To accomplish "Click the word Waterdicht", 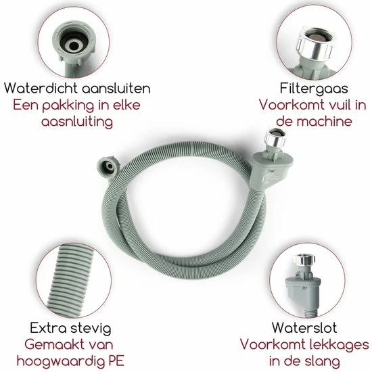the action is point(41,88).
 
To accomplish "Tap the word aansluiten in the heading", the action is point(116,89).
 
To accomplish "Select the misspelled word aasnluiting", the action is point(77,122).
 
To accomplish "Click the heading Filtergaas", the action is point(314,89).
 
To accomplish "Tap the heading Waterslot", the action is point(304,327).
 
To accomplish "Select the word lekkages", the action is point(335,345).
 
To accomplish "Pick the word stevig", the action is point(91,329).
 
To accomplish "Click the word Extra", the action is point(48,328).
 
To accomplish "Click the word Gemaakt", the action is point(51,344).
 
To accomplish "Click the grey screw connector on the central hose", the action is point(108,167).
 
